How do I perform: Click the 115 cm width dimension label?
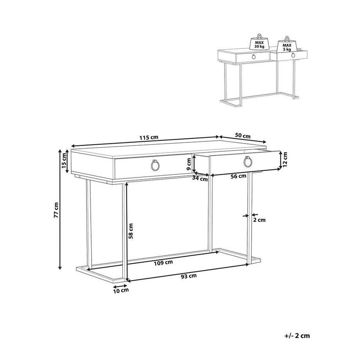click(149, 137)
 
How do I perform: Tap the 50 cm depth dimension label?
click(243, 136)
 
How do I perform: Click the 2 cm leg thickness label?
click(260, 220)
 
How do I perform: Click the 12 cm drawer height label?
click(286, 159)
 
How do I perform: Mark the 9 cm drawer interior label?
click(188, 164)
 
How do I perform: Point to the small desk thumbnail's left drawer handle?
click(254, 57)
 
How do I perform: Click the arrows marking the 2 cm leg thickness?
click(248, 214)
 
